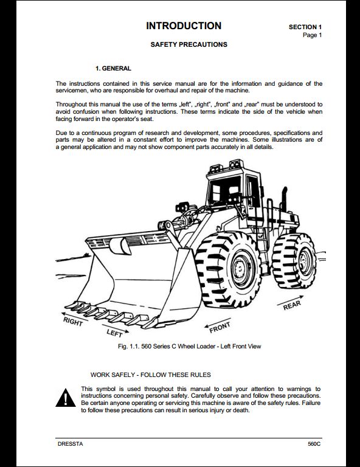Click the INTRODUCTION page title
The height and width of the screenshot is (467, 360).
[184, 26]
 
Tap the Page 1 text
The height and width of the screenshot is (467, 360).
[313, 35]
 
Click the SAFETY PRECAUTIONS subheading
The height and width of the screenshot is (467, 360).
[189, 44]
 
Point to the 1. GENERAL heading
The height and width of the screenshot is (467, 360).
[113, 69]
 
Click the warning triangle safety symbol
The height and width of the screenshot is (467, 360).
[64, 398]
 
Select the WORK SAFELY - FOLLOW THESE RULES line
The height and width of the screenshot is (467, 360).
[150, 375]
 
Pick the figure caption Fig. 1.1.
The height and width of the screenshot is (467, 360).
[190, 347]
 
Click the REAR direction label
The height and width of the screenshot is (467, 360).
[292, 306]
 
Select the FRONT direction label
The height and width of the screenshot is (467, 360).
[220, 328]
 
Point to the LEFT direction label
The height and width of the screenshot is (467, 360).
[114, 333]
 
